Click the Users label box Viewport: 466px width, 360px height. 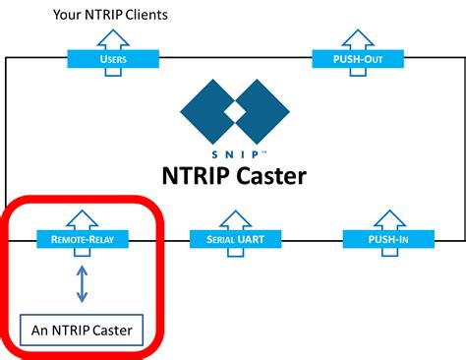click(x=113, y=60)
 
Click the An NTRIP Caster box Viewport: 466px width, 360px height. click(x=83, y=328)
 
